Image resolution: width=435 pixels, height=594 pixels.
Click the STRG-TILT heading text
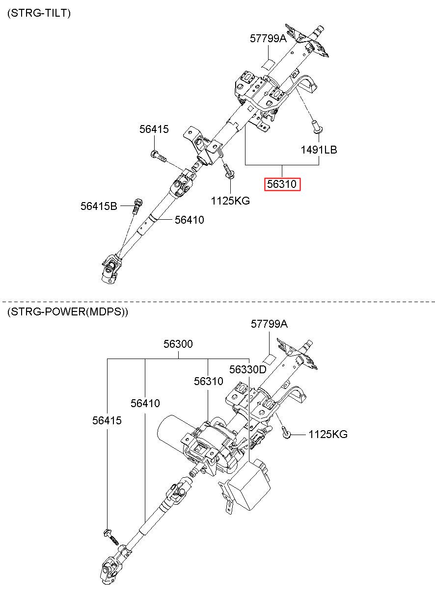39,13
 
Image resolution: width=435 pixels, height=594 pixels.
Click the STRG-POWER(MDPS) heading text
68,311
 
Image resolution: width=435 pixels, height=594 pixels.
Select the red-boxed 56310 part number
282,184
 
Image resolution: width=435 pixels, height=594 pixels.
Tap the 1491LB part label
319,150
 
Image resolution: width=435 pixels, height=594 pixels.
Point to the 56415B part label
99,206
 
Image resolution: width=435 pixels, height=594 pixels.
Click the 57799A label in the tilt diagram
269,38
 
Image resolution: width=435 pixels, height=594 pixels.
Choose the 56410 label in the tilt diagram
189,220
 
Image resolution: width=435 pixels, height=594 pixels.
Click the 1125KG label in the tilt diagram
230,201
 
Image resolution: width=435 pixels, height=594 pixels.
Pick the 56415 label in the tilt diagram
154,129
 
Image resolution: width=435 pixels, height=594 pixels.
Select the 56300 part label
178,344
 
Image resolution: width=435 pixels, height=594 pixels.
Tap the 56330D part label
247,369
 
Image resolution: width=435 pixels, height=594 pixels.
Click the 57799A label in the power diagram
270,324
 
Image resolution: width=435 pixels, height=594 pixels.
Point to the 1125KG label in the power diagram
328,435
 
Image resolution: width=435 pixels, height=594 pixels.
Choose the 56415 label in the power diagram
107,420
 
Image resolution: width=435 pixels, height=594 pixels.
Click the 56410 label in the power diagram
145,403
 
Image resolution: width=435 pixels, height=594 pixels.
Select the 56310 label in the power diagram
209,381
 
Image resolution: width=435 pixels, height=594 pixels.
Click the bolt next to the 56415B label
137,206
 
